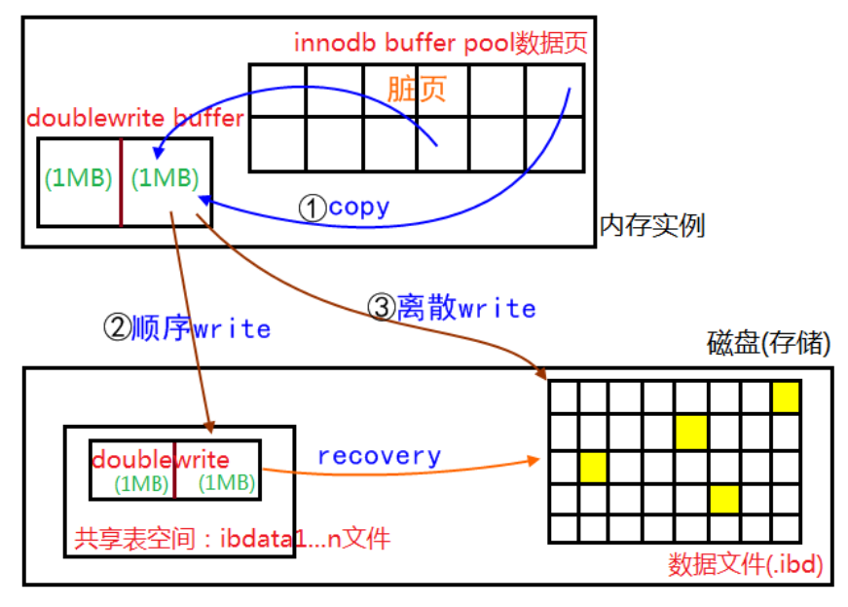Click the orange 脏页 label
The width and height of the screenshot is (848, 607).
point(417,89)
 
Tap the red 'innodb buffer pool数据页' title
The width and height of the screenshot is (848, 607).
point(440,44)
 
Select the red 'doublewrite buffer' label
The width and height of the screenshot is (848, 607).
point(135,119)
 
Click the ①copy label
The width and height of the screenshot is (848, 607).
point(344,208)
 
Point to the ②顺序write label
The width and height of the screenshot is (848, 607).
point(186,328)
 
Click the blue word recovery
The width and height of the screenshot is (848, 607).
point(379,456)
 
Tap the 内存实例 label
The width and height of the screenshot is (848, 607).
point(651,226)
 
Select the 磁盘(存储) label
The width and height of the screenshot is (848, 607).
point(769,344)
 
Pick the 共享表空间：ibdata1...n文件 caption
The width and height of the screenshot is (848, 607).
point(232,537)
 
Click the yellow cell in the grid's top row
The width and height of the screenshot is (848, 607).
point(786,398)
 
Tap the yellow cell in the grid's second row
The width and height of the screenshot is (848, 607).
point(690,431)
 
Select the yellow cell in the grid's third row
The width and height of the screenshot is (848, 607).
point(593,467)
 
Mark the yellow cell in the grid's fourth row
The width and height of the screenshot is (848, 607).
point(723,499)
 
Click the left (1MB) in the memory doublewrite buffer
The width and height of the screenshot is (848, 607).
point(79,179)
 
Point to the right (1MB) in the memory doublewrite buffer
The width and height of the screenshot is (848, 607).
point(165,179)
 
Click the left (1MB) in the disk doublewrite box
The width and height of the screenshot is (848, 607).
point(142,482)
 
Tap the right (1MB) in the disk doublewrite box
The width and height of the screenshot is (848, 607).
point(227,482)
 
